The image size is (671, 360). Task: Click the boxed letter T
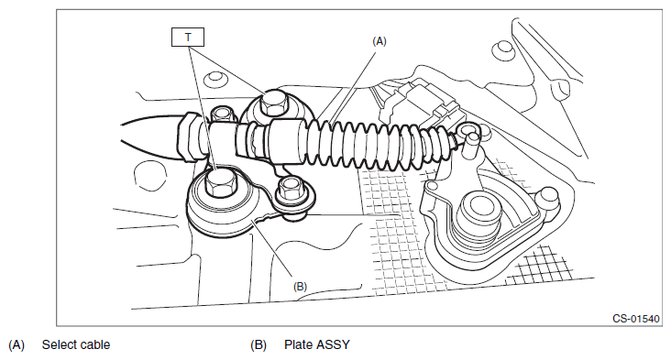click(188, 38)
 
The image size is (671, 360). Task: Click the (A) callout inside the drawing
click(379, 41)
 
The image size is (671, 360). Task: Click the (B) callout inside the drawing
click(300, 287)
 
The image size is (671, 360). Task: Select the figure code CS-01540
click(636, 319)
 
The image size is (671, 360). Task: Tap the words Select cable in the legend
click(76, 344)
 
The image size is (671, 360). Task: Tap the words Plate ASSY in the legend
click(316, 344)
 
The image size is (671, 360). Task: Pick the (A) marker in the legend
click(16, 345)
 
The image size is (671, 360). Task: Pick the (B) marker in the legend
click(258, 345)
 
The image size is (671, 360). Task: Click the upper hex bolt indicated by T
click(273, 103)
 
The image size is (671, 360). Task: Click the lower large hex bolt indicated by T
click(220, 183)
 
